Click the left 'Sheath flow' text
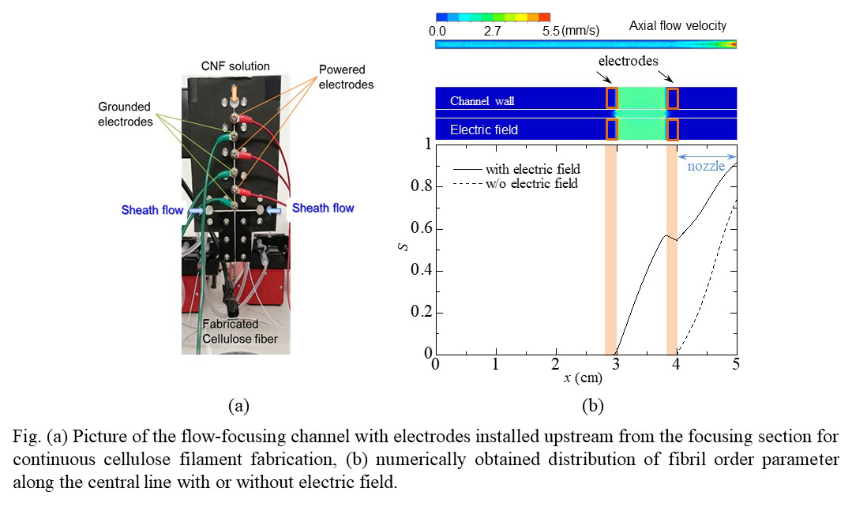[x=152, y=210]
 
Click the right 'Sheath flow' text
[x=323, y=208]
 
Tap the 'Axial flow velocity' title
[x=677, y=26]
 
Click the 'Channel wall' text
[x=482, y=101]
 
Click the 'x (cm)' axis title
[x=585, y=377]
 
